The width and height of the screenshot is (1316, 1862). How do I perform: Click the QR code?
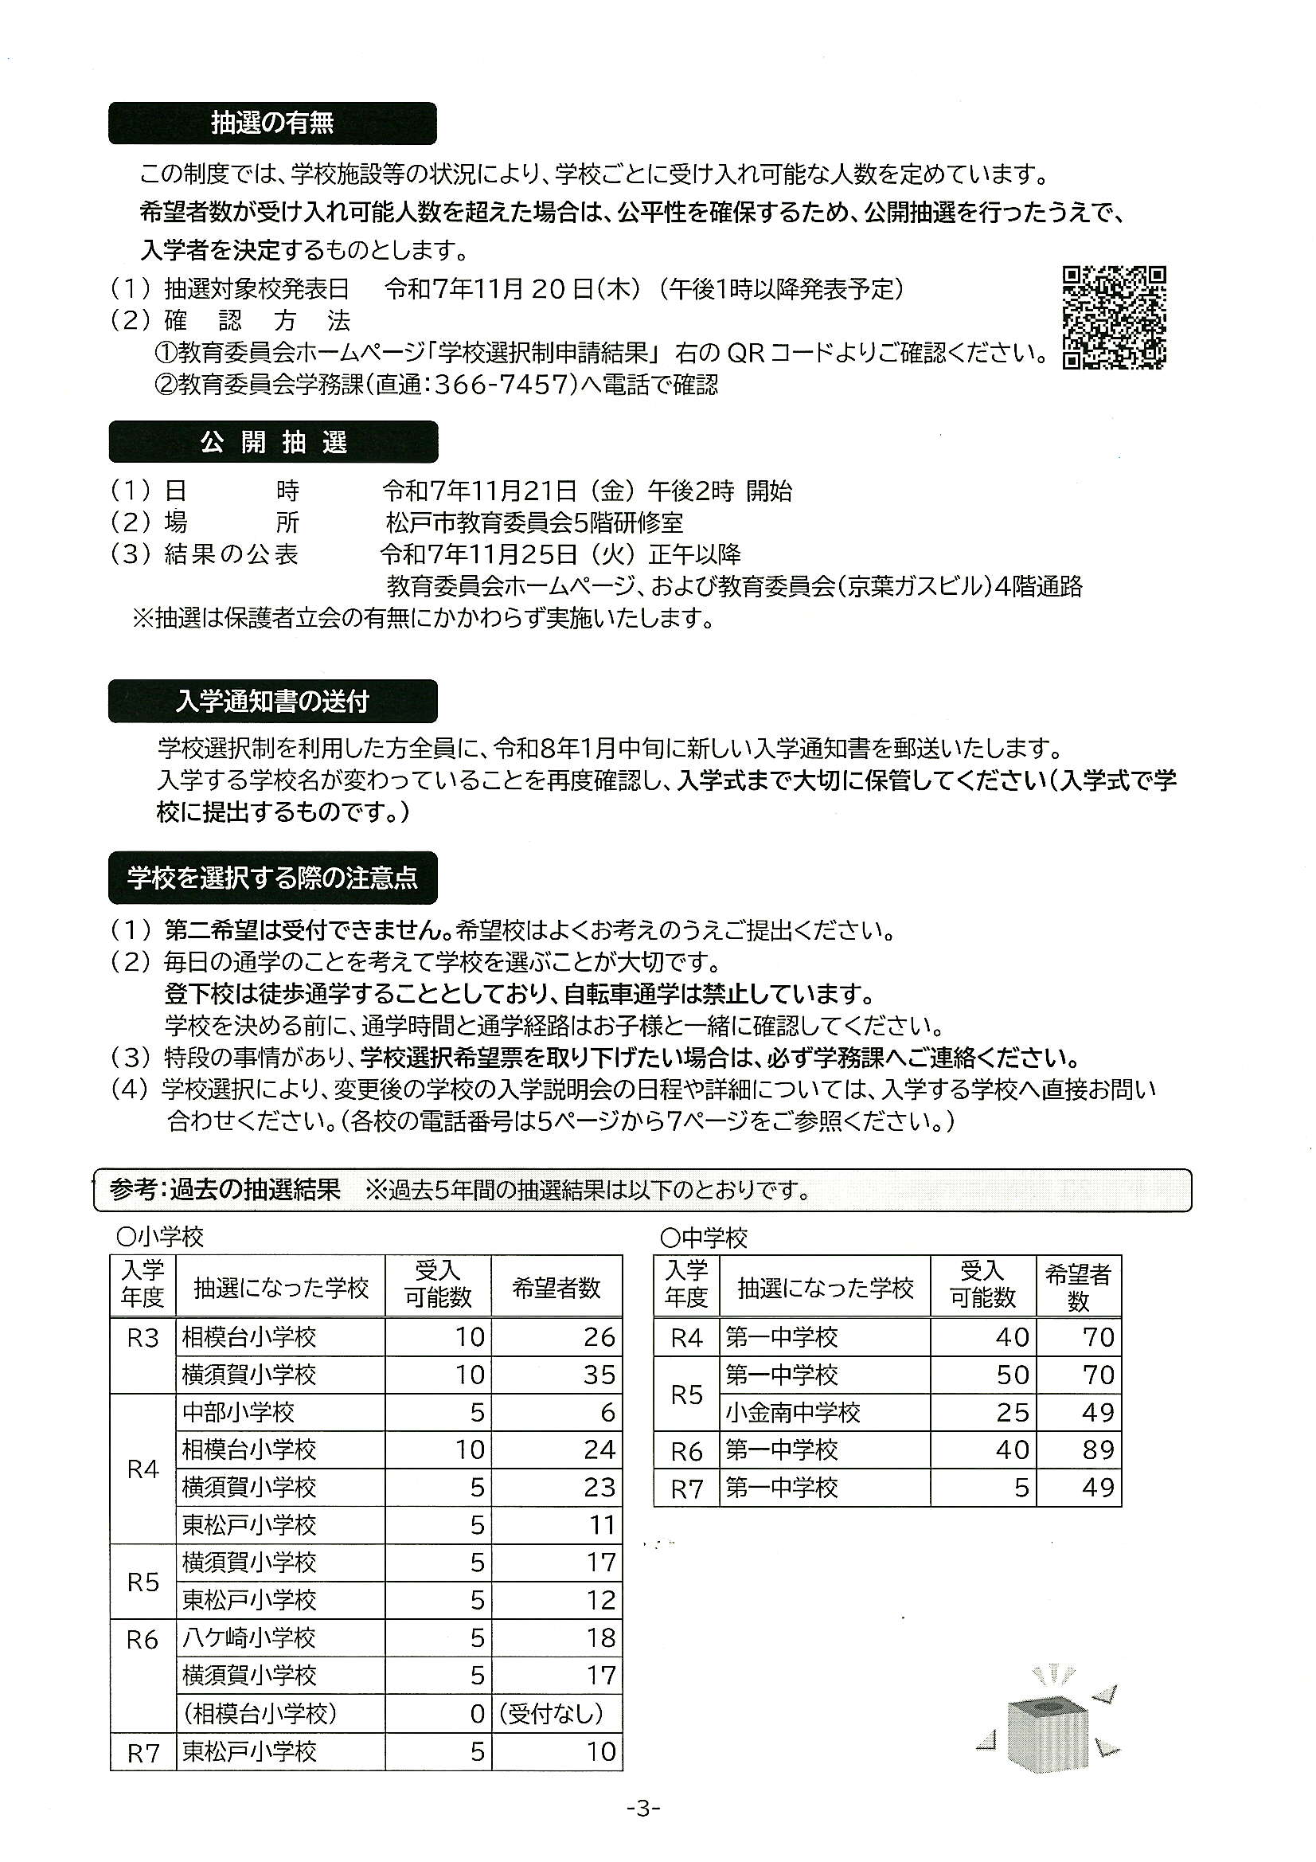pyautogui.click(x=1114, y=317)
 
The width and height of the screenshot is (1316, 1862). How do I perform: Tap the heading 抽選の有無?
pyautogui.click(x=272, y=123)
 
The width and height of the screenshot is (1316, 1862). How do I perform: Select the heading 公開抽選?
pyautogui.click(x=273, y=442)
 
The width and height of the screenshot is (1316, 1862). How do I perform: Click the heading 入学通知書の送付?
pyautogui.click(x=272, y=702)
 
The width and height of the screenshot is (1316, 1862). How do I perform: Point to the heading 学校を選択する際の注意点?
pyautogui.click(x=272, y=878)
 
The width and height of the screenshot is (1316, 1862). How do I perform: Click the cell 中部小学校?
pyautogui.click(x=237, y=1412)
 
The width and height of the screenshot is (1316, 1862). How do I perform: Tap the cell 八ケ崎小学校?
pyautogui.click(x=248, y=1637)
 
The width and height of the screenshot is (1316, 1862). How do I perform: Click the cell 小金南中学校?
pyautogui.click(x=792, y=1412)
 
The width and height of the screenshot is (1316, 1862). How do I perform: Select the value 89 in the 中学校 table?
pyautogui.click(x=1098, y=1450)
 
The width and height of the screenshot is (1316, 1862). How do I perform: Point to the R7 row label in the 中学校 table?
pyautogui.click(x=686, y=1488)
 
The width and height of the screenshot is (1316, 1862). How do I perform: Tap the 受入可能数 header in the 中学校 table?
pyautogui.click(x=982, y=1285)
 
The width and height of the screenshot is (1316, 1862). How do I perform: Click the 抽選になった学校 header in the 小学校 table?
pyautogui.click(x=280, y=1287)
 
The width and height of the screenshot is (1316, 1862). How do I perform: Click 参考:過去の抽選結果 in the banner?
pyautogui.click(x=225, y=1190)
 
